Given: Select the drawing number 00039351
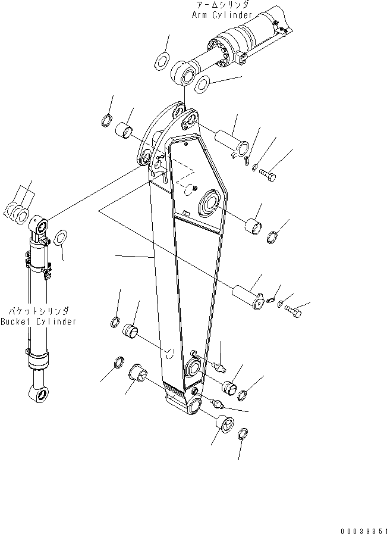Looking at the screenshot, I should point(363,529).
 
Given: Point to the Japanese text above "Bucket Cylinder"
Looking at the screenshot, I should point(39,311).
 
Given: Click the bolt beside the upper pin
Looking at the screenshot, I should point(268,174).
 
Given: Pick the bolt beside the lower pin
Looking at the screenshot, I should point(292,310).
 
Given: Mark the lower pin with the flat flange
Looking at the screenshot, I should point(247,296).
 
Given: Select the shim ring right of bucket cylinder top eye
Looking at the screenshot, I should point(60,239).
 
